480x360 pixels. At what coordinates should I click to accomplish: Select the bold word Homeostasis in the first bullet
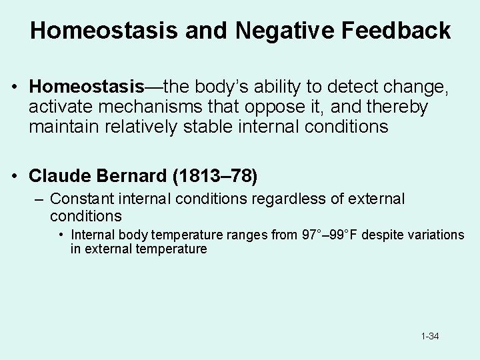click(x=87, y=86)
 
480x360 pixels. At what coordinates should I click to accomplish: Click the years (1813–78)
click(x=215, y=176)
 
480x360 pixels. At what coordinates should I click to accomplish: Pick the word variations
click(x=438, y=235)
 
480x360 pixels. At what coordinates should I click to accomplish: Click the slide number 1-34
click(x=430, y=336)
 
